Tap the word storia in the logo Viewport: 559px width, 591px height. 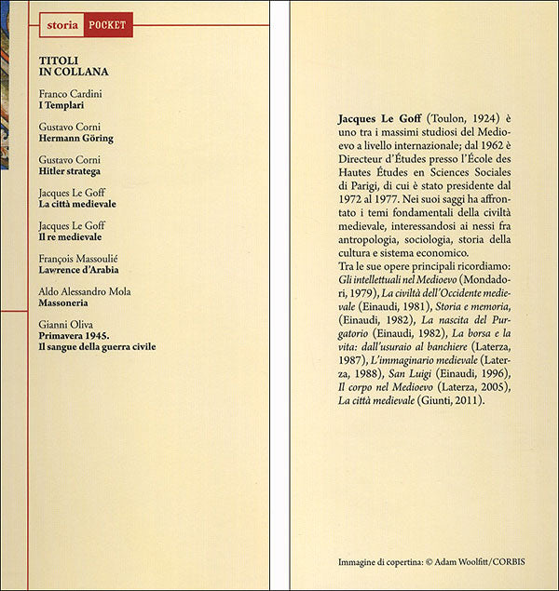(62, 25)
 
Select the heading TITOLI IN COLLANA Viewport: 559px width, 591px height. (74, 65)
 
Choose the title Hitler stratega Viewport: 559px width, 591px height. (70, 172)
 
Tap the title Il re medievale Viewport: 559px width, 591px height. (70, 237)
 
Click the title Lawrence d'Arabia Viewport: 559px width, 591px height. (78, 270)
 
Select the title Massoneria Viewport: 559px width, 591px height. (66, 303)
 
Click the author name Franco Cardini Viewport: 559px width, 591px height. (71, 94)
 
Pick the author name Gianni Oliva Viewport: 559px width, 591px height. (66, 323)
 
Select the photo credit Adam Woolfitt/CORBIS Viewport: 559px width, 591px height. (462, 562)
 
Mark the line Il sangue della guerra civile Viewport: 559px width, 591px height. (97, 346)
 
